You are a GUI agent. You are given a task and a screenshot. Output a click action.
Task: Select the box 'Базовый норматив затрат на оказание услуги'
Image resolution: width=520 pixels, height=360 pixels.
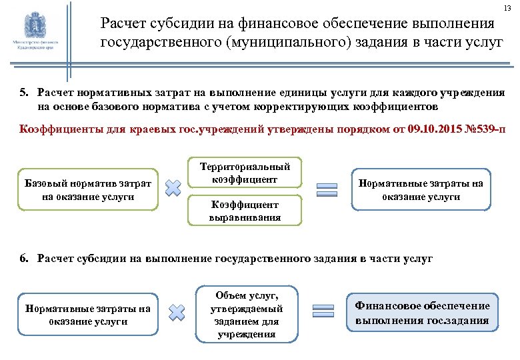pos(87,189)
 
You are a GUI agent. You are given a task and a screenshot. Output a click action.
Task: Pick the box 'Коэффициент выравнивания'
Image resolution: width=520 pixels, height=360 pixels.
pos(243,211)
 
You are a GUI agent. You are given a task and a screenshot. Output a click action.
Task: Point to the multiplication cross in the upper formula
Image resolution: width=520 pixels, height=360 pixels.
pos(173,189)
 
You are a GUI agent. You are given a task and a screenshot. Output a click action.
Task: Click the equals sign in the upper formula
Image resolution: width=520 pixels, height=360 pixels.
pos(325,189)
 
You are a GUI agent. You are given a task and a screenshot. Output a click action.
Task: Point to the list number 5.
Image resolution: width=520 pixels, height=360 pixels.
pos(24,92)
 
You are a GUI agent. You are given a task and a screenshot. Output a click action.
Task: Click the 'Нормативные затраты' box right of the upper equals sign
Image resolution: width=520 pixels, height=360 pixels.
pos(421,189)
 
